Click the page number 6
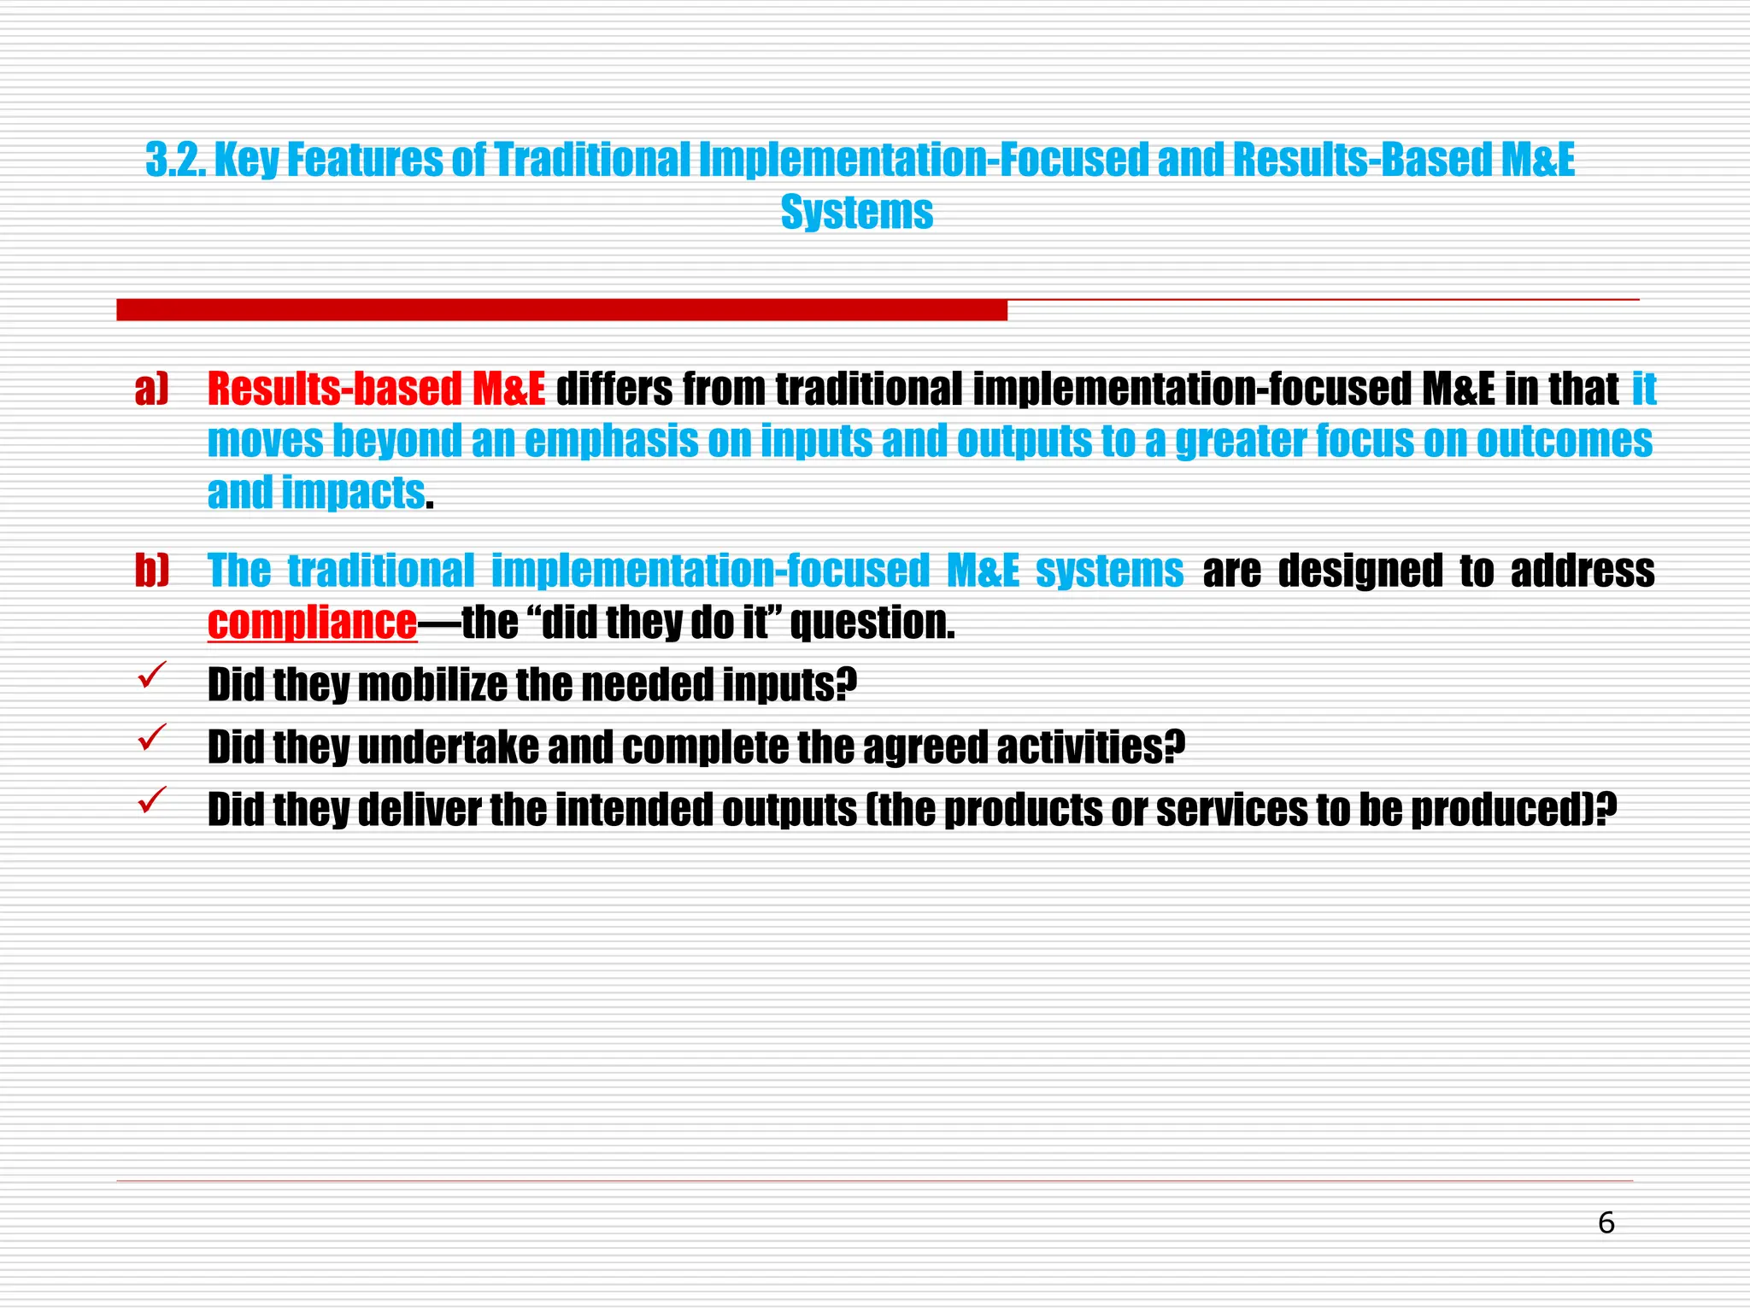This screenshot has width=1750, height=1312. pos(1606,1223)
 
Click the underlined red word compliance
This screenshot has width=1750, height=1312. pos(312,623)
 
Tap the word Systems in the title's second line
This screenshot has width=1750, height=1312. pos(856,212)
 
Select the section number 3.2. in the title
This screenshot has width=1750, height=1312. pos(175,160)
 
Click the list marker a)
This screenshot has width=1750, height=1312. pos(151,389)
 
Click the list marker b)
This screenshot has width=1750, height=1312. pos(152,571)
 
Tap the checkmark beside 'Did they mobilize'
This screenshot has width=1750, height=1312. pos(151,676)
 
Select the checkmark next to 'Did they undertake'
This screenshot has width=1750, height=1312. pos(151,738)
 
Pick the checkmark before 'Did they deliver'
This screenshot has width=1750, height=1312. pos(151,800)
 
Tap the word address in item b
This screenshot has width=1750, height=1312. pos(1582,571)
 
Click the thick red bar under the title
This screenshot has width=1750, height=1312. pos(561,310)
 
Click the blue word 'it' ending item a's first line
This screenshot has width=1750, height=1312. pos(1643,389)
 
